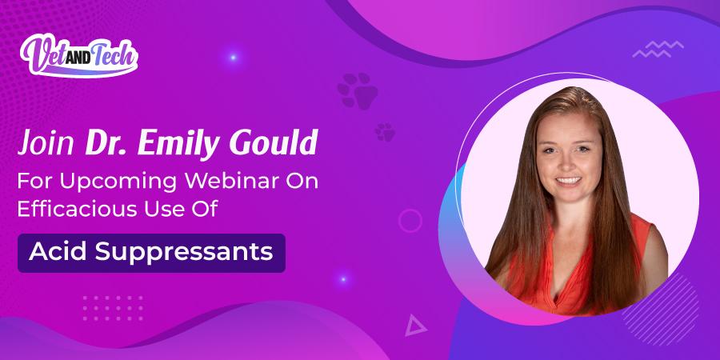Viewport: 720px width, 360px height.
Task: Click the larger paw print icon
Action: point(358,90)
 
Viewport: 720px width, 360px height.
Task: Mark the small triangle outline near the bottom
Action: point(414,325)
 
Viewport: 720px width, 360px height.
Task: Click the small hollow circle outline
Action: point(410,220)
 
